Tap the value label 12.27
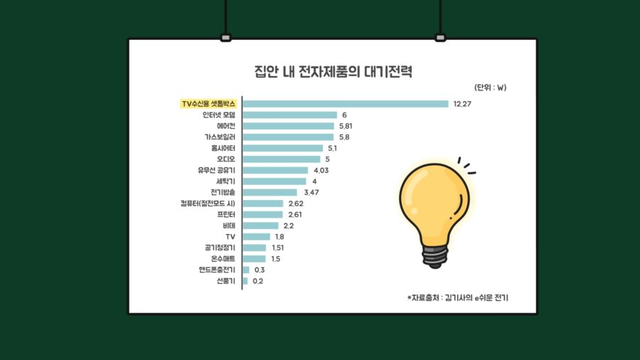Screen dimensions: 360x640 pos(462,104)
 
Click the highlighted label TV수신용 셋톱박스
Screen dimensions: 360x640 pos(208,104)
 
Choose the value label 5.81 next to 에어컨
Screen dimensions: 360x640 pos(346,126)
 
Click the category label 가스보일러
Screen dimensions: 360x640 pos(218,137)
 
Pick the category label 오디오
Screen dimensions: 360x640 pos(225,159)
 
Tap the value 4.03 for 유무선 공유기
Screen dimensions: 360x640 pos(320,170)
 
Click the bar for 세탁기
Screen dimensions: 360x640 pos(274,181)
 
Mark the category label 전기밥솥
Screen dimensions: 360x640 pos(222,192)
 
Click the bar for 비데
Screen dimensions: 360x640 pos(260,226)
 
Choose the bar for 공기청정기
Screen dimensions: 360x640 pos(255,248)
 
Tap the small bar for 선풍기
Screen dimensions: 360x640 pos(245,281)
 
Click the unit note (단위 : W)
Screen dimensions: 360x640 pos(490,88)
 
